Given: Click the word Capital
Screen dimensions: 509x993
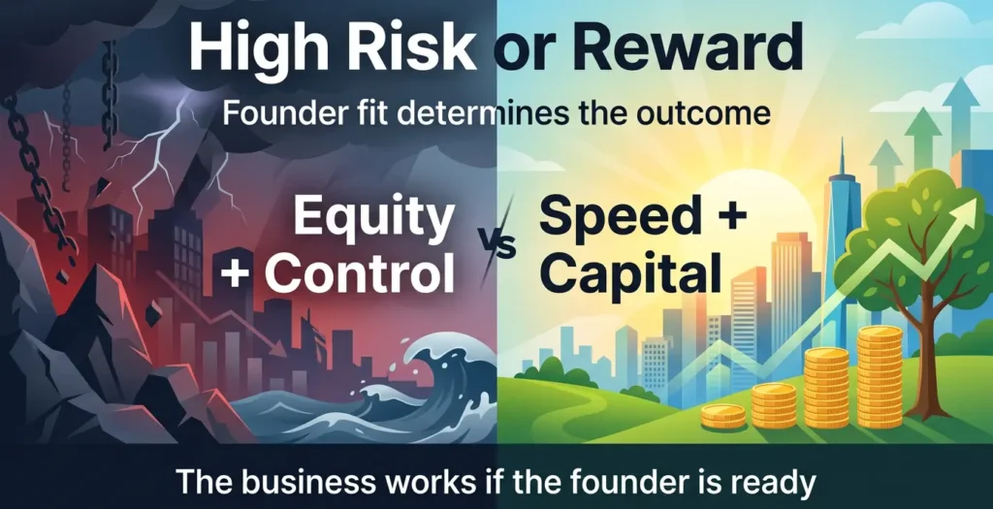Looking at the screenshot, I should point(630,274).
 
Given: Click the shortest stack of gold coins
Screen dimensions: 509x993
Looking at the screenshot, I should point(723,415).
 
